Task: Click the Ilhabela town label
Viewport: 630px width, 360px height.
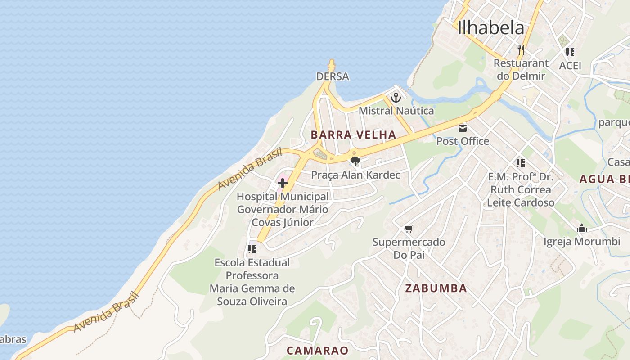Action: coord(491,28)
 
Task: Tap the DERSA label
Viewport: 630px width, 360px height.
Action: coord(333,76)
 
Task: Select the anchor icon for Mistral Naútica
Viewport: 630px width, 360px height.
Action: coord(396,98)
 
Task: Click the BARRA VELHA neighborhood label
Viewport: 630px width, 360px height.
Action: coord(353,135)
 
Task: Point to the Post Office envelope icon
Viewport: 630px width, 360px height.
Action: coord(463,128)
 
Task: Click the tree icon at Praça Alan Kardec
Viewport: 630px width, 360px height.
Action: coord(355,161)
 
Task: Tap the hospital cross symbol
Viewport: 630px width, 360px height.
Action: coord(283,183)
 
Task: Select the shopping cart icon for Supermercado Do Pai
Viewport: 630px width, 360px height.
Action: coord(409,229)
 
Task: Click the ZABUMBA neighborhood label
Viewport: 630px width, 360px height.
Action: coord(436,288)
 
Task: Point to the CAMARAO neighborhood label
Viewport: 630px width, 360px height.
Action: coord(318,350)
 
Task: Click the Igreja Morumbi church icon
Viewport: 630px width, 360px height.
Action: coord(582,229)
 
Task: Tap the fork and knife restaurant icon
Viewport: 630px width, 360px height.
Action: coord(521,49)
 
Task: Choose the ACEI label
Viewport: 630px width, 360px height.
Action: coord(570,66)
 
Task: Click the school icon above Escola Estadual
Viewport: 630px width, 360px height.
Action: coord(252,249)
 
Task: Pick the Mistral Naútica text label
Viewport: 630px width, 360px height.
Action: coord(396,111)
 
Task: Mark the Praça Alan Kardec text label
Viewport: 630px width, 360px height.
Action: coord(355,175)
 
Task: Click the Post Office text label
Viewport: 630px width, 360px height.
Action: coord(463,141)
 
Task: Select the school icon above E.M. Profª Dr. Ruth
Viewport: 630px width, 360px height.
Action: coord(521,163)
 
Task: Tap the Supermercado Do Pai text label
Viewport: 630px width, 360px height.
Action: coord(409,248)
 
